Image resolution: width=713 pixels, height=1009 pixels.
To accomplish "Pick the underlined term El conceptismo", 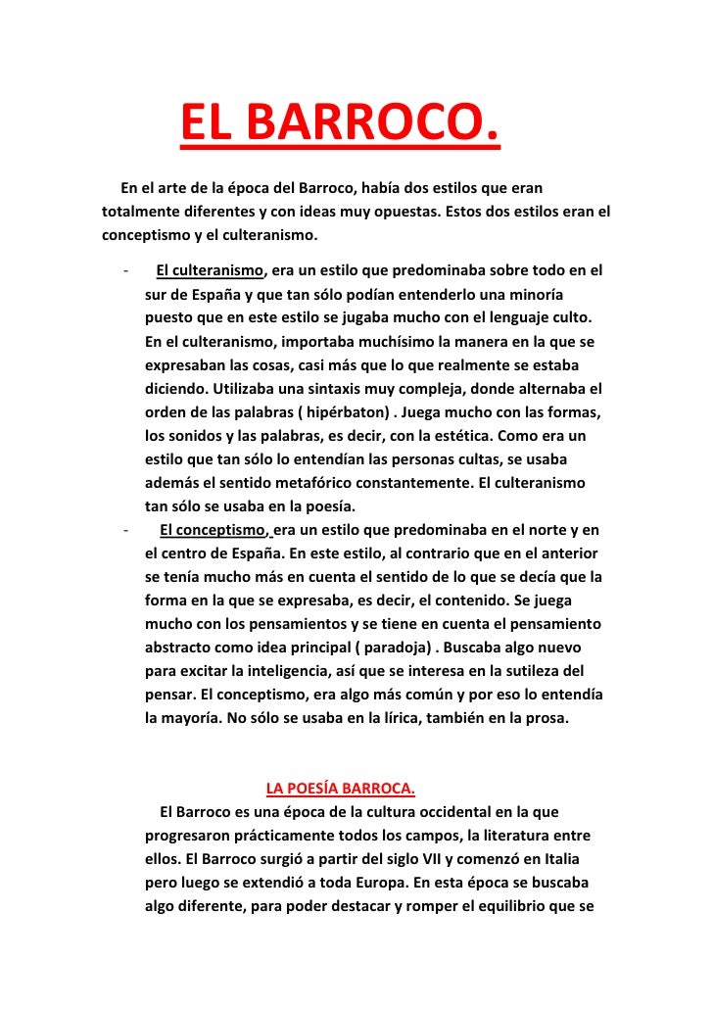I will point(212,530).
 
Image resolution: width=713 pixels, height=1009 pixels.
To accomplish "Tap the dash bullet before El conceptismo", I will point(126,530).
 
